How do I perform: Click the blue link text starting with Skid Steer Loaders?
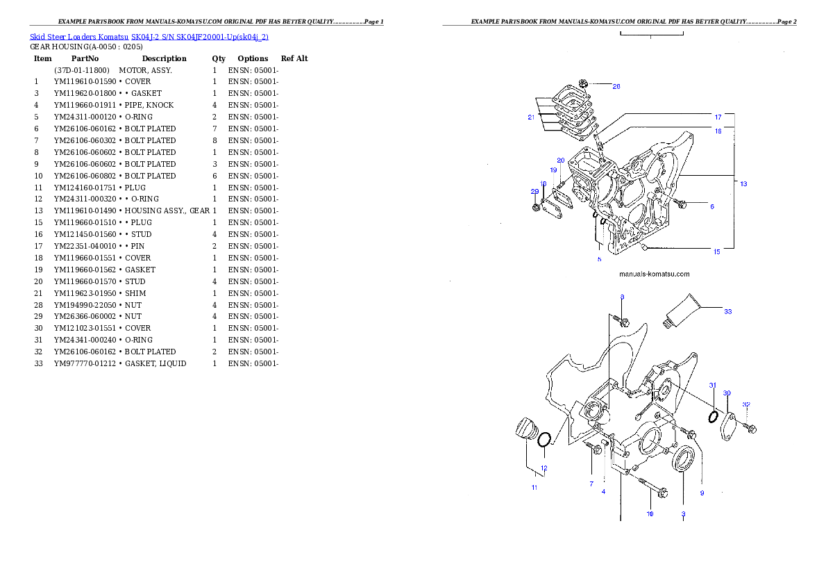(x=149, y=36)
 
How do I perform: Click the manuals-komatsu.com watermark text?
(x=654, y=274)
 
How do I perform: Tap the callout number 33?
(x=727, y=311)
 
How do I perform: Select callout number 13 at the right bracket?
(x=743, y=184)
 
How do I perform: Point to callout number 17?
(x=718, y=117)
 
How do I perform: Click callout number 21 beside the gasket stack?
(x=531, y=117)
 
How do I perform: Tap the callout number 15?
(x=716, y=252)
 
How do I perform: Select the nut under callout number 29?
(x=536, y=207)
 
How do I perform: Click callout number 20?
(x=560, y=160)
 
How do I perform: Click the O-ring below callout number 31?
(x=713, y=416)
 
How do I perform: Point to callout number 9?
(x=702, y=493)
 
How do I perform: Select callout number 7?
(x=591, y=484)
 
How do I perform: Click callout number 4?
(x=603, y=491)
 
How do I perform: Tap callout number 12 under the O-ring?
(x=544, y=468)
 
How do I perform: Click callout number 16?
(x=718, y=131)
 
